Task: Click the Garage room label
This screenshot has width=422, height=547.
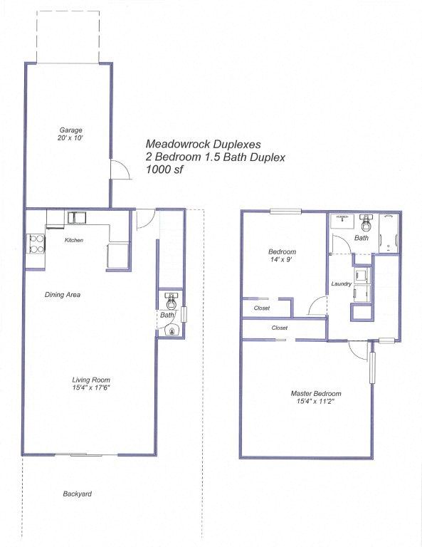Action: tap(70, 130)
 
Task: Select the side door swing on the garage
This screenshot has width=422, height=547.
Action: tap(120, 170)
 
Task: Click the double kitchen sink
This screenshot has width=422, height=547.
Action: tap(76, 217)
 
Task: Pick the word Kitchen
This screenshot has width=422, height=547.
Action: tap(74, 240)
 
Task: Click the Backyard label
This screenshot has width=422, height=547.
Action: tap(77, 494)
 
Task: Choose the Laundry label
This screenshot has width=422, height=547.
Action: tap(342, 284)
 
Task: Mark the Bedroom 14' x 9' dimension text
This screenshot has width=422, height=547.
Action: tap(282, 260)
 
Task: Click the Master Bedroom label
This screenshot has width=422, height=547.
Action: tap(316, 393)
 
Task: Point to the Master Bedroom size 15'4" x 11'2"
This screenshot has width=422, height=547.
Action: tap(316, 402)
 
